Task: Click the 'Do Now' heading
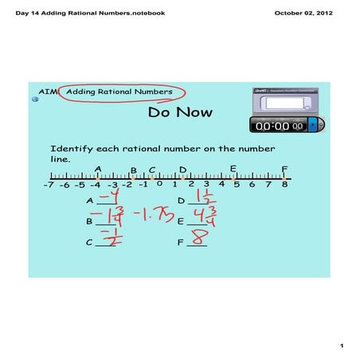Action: tap(179, 112)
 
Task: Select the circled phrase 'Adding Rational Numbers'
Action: tap(119, 92)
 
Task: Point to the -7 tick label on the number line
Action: tap(49, 185)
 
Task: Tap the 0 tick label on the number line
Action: tap(159, 184)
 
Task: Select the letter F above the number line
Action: tap(284, 169)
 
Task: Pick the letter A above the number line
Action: tap(97, 169)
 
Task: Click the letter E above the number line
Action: tap(233, 169)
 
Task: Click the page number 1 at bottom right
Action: tap(340, 345)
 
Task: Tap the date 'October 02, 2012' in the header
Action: tap(308, 13)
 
